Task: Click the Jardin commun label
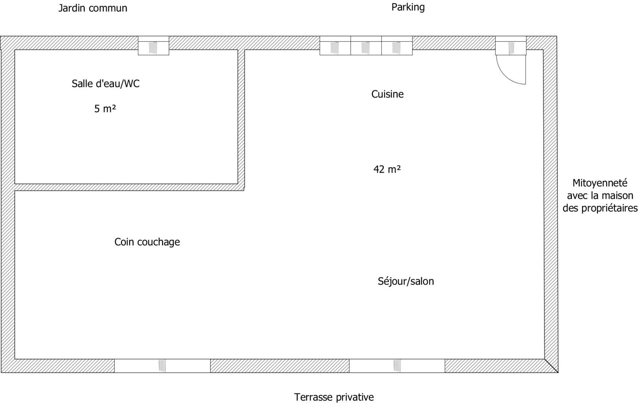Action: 93,8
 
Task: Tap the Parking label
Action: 408,7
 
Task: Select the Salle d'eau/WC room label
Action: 105,84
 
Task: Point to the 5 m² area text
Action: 105,109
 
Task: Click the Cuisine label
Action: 388,94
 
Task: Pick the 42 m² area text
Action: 387,169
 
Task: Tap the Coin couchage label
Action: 147,242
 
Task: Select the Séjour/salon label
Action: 406,281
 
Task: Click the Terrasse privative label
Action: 334,397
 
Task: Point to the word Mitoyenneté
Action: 600,183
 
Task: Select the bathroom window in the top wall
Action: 153,46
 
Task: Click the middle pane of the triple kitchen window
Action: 366,46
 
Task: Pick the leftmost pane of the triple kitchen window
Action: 335,46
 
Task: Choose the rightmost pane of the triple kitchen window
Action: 397,46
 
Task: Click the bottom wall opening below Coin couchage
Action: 162,366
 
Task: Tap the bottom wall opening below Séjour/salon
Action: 397,366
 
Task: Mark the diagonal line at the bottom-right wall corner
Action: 551,366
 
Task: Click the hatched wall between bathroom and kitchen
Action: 241,118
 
